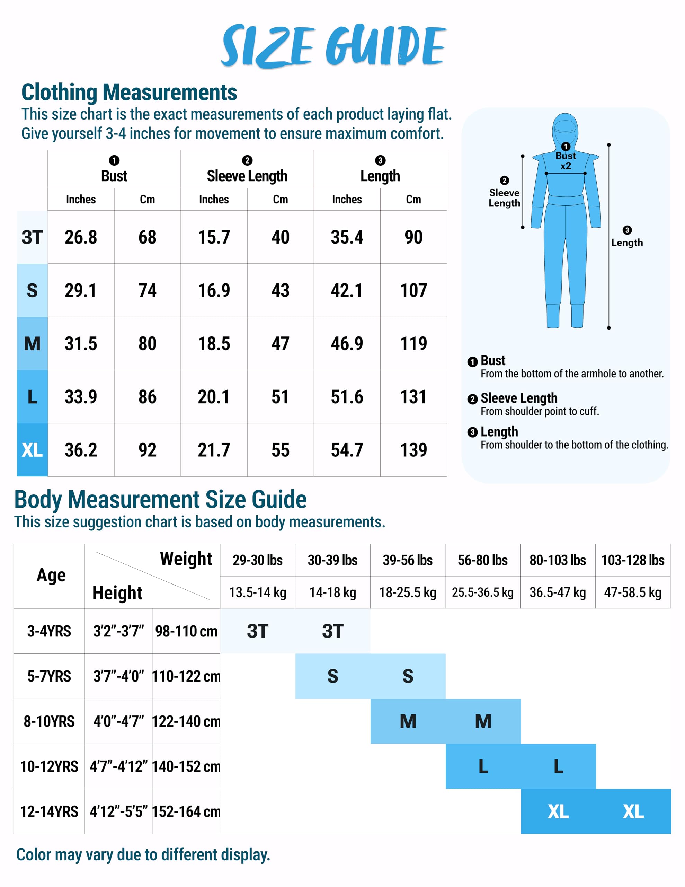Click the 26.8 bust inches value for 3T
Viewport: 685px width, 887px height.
coord(81,237)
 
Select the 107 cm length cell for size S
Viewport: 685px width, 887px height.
coord(413,290)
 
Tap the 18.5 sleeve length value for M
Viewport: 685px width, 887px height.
coord(214,344)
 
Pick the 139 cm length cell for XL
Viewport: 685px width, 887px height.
coord(413,450)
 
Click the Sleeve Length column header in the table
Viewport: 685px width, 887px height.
coord(247,176)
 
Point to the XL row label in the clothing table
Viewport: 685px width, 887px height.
coord(32,450)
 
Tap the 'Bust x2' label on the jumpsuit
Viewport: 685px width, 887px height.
coord(566,161)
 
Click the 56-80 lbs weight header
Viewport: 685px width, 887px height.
coord(482,560)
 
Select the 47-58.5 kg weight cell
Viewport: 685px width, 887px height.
coord(633,592)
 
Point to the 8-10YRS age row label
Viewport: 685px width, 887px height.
coord(49,721)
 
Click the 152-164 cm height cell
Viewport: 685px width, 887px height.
coord(186,811)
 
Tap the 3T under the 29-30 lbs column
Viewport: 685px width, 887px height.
coord(257,631)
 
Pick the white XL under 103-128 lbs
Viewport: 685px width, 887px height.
coord(633,811)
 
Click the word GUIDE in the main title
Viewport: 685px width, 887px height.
coord(386,45)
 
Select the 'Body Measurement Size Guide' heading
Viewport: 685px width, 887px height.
coord(160,499)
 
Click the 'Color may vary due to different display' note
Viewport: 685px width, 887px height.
coord(143,854)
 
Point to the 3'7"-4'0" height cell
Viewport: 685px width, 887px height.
coord(118,676)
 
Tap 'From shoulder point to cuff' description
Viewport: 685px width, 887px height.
coord(540,411)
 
